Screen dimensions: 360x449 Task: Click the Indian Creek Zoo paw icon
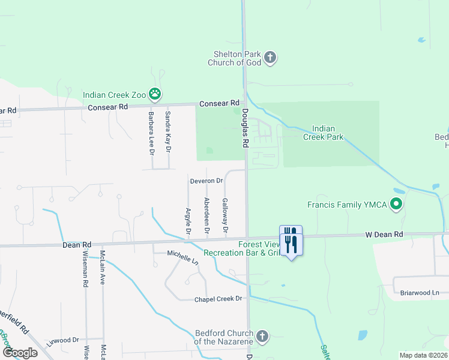[x=155, y=94]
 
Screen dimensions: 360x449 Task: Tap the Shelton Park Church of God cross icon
[x=270, y=58]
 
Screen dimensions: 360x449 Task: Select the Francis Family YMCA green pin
[x=396, y=205]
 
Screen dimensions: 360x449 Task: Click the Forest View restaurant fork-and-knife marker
[x=291, y=241]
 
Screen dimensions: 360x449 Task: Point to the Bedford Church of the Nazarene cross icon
[x=262, y=336]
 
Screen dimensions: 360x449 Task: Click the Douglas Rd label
[x=245, y=128]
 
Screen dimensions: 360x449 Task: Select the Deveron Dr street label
[x=206, y=180]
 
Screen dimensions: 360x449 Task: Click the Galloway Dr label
[x=225, y=215]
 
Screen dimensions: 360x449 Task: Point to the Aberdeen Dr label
[x=207, y=215]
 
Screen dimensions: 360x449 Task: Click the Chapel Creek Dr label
[x=218, y=299]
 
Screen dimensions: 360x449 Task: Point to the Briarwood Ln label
[x=420, y=293]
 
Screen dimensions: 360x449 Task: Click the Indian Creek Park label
[x=328, y=133]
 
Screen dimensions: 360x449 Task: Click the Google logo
[x=20, y=352]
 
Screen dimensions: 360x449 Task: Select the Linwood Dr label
[x=63, y=340]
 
